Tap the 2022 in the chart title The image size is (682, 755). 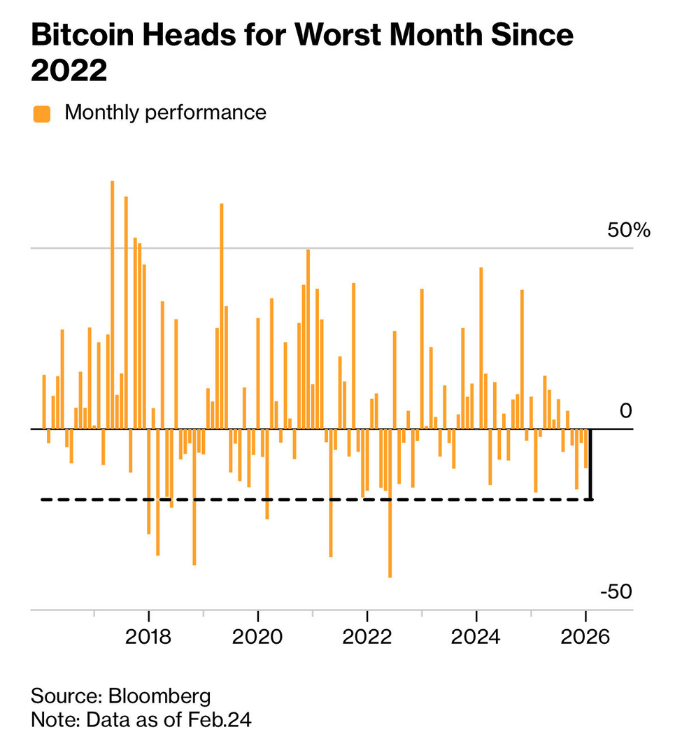[x=69, y=70]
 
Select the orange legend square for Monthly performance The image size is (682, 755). [x=42, y=113]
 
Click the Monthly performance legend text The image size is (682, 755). [x=165, y=113]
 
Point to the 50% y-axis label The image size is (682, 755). [x=627, y=230]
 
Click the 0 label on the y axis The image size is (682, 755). [x=625, y=411]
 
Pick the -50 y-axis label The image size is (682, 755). [x=616, y=592]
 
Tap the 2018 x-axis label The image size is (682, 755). [x=148, y=638]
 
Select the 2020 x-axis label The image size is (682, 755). [x=257, y=638]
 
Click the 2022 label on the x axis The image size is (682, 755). [x=367, y=638]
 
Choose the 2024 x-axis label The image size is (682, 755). [x=476, y=638]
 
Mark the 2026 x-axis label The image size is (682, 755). [x=585, y=638]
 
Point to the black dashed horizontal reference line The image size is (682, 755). [x=315, y=499]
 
